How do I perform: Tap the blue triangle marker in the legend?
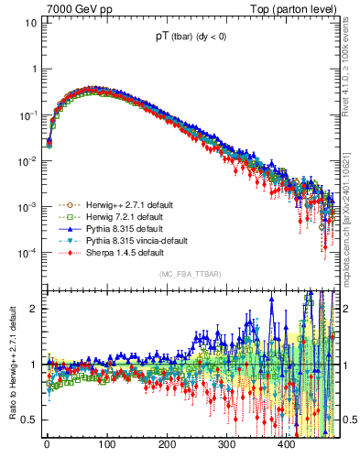(x=70, y=229)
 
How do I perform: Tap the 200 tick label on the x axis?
(x=167, y=443)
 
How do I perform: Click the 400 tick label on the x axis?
(x=287, y=443)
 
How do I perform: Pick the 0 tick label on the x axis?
(x=46, y=443)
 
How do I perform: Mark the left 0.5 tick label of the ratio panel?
(x=28, y=420)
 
